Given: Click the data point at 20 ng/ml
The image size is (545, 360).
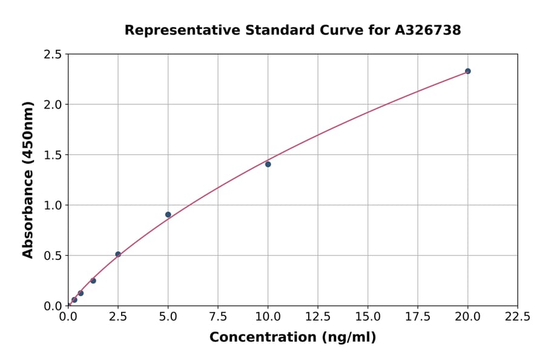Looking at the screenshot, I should (467, 71).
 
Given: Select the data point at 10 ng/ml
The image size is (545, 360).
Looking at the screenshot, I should (268, 164).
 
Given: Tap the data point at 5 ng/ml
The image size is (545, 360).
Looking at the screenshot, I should (168, 215).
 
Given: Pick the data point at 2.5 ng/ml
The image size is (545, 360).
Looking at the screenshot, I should (118, 255).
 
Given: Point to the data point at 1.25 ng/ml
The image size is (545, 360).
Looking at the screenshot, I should (93, 281).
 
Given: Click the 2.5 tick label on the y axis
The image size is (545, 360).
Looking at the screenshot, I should (53, 55).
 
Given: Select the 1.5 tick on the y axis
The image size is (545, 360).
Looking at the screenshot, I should (53, 155).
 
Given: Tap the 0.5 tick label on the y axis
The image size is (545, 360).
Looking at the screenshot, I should (53, 256).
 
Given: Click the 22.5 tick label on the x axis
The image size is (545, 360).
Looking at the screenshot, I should (517, 316).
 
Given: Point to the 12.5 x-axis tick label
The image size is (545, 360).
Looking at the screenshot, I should (318, 316).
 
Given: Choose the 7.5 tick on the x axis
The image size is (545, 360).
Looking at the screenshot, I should (218, 316).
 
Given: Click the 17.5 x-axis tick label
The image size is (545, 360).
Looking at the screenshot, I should (418, 316).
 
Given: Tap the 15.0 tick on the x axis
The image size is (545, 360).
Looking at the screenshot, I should (368, 316).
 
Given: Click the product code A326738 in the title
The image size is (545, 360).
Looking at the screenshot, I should (428, 30).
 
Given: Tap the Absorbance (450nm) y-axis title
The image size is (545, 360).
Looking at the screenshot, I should (28, 179).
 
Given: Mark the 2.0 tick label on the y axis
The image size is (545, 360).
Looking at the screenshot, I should (53, 105).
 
